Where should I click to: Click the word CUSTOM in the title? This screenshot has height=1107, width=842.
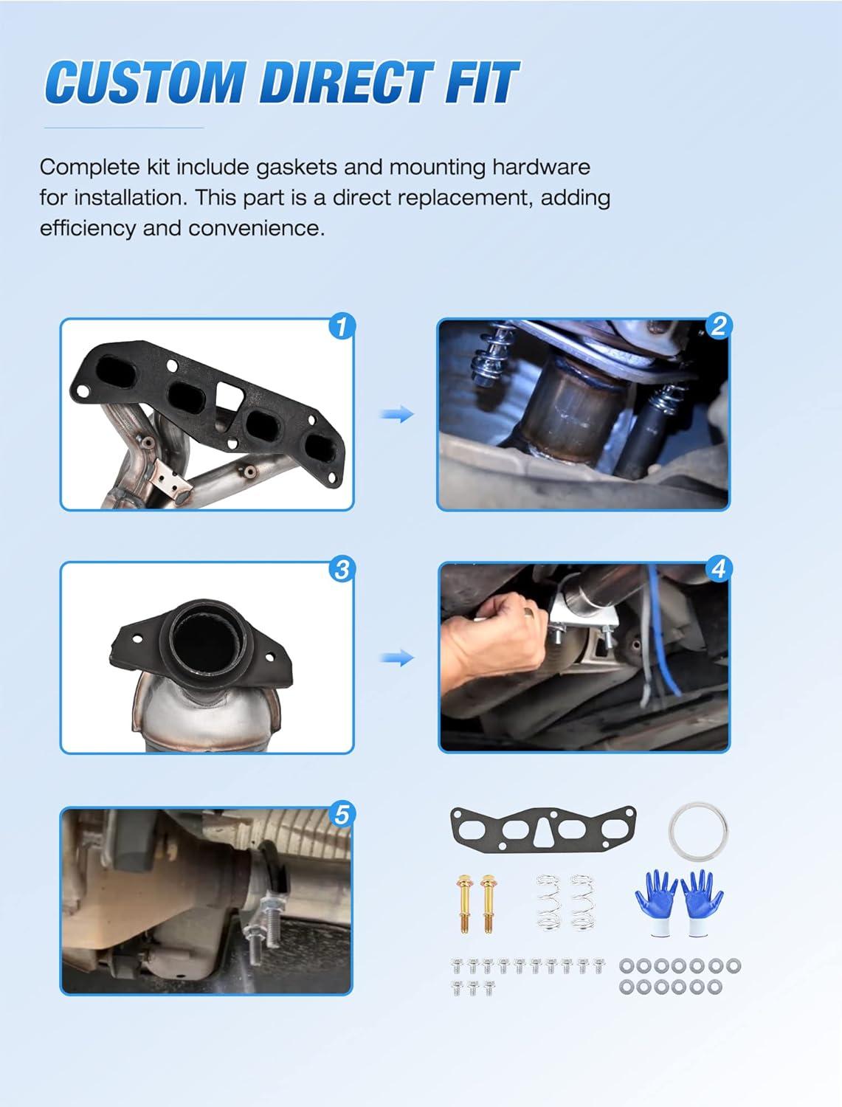click(145, 82)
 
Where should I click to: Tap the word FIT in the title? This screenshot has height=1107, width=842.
click(480, 82)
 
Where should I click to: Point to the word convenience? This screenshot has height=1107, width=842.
click(256, 229)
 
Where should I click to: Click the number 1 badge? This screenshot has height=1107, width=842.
click(342, 326)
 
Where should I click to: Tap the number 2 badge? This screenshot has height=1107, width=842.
click(718, 326)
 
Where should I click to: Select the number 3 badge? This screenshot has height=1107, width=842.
click(342, 570)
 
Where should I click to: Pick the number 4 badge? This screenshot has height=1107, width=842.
click(718, 569)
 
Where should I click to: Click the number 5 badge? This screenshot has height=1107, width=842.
click(342, 815)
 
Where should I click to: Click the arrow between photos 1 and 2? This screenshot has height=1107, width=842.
click(397, 415)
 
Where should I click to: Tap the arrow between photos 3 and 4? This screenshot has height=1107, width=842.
click(397, 658)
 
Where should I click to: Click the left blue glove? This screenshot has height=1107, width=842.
click(656, 903)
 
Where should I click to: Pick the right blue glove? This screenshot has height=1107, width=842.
click(702, 903)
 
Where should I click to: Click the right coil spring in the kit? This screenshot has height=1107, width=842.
click(582, 903)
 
